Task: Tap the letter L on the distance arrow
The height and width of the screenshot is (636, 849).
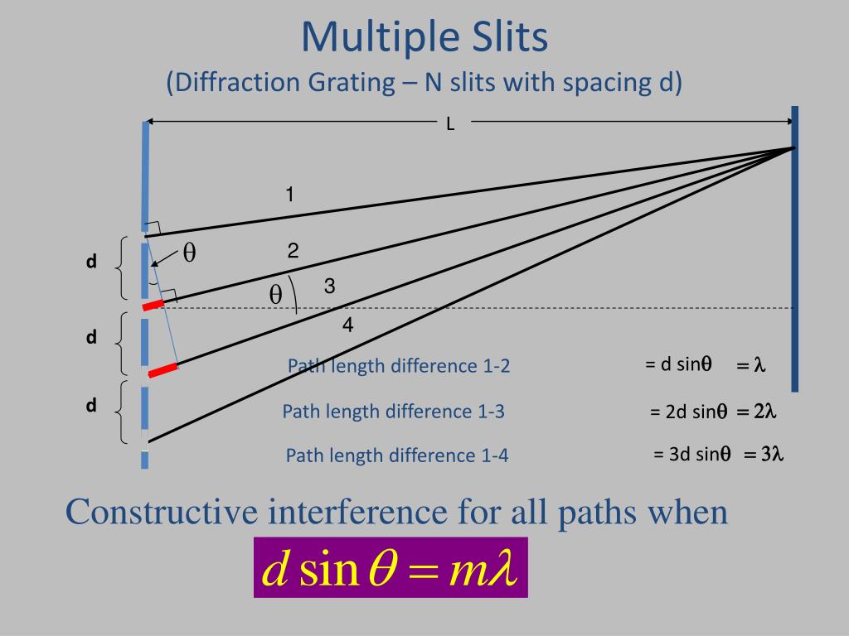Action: (x=450, y=125)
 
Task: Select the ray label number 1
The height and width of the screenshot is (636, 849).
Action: (x=289, y=195)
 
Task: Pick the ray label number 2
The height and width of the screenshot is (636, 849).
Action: (x=293, y=251)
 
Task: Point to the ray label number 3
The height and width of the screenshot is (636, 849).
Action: (x=329, y=287)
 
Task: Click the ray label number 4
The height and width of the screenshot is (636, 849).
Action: (x=348, y=325)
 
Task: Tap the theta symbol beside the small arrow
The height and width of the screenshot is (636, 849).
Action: (x=189, y=253)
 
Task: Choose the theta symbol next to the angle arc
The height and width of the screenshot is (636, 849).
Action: (x=276, y=296)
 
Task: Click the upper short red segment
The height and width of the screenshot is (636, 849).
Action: (x=153, y=305)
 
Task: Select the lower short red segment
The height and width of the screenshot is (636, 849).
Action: (x=163, y=369)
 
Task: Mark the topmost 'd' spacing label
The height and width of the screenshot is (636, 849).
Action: (x=92, y=262)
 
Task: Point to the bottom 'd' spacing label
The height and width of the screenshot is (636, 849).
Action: (x=92, y=406)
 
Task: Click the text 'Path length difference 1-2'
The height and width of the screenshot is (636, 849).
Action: (x=399, y=366)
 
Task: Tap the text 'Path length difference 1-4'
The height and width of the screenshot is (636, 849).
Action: (x=397, y=455)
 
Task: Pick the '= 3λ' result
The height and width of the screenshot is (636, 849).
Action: (x=764, y=454)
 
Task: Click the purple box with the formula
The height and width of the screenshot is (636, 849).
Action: (x=391, y=567)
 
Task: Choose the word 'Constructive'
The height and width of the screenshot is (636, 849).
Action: (x=161, y=512)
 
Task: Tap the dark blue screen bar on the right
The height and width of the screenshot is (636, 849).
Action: (x=795, y=248)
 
